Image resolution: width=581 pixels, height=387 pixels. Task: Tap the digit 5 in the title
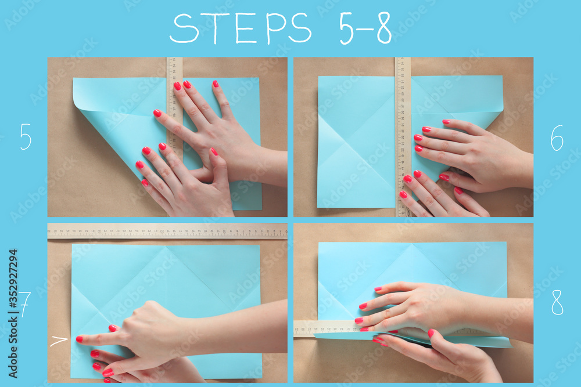click(x=346, y=28)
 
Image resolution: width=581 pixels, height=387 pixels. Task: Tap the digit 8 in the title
click(x=384, y=28)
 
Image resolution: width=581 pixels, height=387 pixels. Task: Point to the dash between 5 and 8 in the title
click(x=365, y=30)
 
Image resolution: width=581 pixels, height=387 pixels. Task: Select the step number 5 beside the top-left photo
click(x=26, y=137)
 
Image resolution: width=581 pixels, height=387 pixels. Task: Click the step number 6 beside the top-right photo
click(x=557, y=138)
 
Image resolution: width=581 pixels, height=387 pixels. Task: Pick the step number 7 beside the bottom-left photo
click(x=24, y=303)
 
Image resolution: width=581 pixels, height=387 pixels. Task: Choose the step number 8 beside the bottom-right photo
click(x=557, y=302)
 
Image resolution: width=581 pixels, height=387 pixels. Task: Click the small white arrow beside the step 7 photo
click(x=58, y=341)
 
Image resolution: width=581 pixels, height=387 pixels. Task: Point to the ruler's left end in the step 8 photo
click(x=300, y=328)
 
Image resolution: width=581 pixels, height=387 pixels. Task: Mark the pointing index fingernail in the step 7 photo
click(x=80, y=339)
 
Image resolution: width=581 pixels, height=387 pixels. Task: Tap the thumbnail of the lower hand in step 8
click(x=431, y=333)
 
